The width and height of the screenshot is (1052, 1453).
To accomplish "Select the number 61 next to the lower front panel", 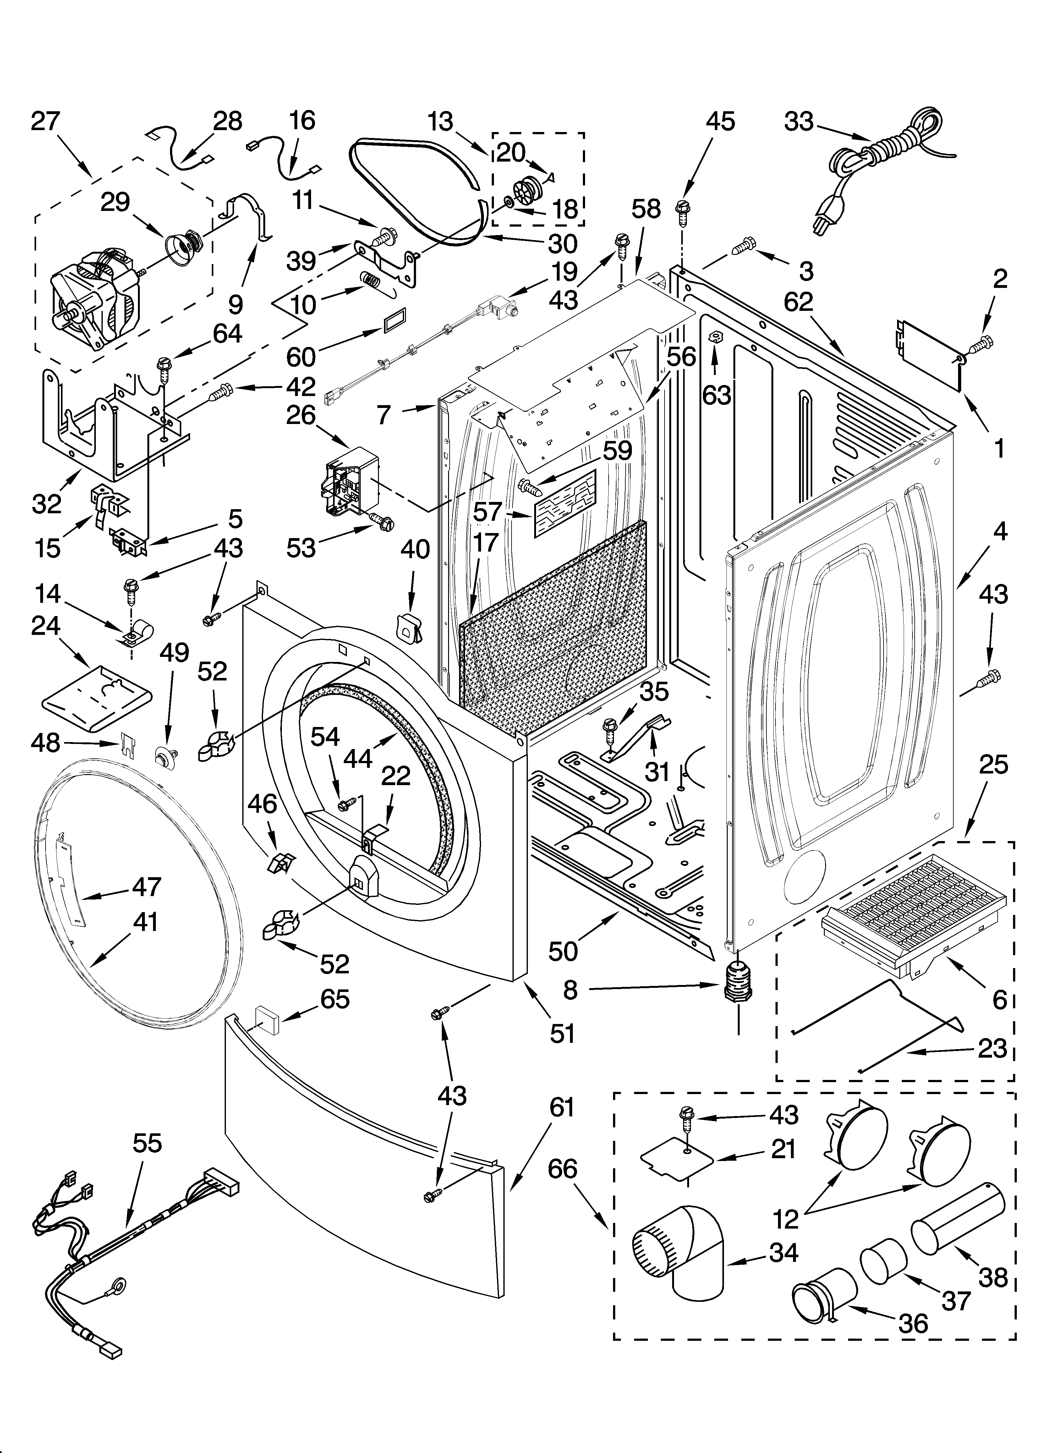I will tap(562, 1108).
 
